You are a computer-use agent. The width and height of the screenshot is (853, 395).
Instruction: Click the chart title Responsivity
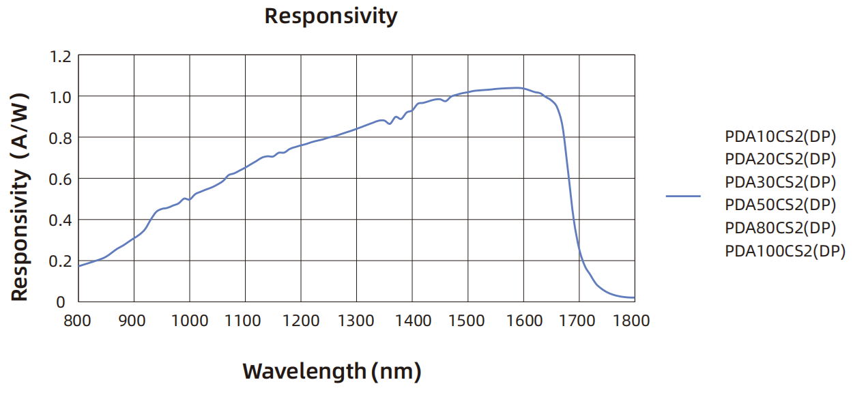pos(330,16)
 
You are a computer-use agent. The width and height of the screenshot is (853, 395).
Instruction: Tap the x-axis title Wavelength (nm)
pos(332,371)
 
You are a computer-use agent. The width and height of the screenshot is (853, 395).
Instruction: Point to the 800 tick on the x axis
pos(78,320)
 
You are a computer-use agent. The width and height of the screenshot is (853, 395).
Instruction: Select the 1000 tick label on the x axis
pos(189,320)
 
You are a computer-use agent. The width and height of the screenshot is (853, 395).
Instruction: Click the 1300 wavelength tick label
pos(356,320)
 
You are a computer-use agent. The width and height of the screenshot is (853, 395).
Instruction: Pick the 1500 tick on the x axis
pos(467,320)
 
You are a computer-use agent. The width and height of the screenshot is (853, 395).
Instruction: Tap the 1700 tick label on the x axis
pos(579,320)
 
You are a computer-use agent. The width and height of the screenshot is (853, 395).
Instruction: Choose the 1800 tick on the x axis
pos(634,320)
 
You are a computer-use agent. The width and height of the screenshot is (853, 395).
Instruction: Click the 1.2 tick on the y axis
pos(60,56)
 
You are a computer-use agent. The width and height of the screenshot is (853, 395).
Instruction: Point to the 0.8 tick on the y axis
pos(60,138)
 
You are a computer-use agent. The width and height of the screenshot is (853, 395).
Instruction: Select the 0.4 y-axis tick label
pos(60,220)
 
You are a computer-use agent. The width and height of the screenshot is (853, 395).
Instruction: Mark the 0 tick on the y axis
pos(61,302)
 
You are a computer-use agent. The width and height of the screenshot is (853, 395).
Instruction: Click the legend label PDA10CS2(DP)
pos(781,136)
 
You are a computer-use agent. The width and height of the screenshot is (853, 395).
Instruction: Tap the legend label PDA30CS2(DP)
pos(781,182)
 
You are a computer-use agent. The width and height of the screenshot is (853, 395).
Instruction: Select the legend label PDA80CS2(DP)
pos(781,227)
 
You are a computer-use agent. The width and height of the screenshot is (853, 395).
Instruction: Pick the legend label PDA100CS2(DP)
pos(785,250)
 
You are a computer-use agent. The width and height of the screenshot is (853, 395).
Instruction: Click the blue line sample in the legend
pos(683,196)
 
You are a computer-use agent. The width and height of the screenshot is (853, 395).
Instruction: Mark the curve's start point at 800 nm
pos(78,266)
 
